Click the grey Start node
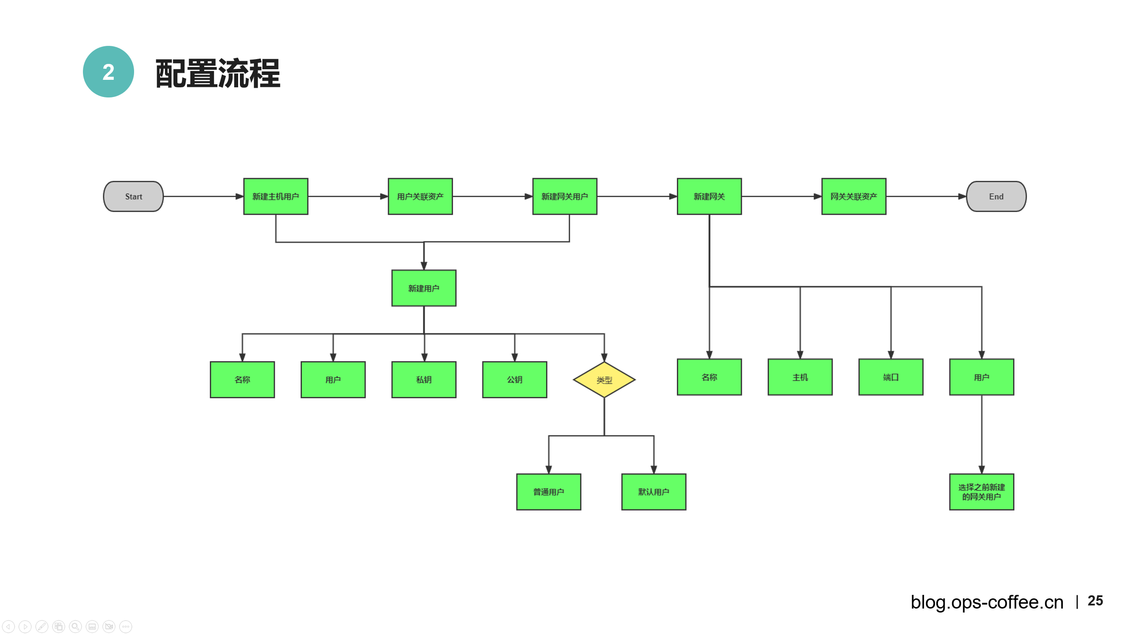point(133,196)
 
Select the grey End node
point(996,196)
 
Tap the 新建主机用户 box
point(276,196)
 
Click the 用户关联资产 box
point(420,196)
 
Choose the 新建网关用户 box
point(564,196)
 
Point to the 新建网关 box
point(709,196)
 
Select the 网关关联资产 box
point(853,196)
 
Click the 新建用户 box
point(423,288)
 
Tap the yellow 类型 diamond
point(604,380)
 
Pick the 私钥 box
point(423,380)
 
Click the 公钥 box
point(514,380)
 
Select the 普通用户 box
point(549,492)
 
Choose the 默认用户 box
point(654,492)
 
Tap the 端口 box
point(890,377)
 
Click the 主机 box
point(800,377)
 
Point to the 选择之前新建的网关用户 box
point(981,492)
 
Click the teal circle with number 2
point(108,72)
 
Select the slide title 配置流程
point(218,74)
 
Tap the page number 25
point(1095,601)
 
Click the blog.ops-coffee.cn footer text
point(987,602)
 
